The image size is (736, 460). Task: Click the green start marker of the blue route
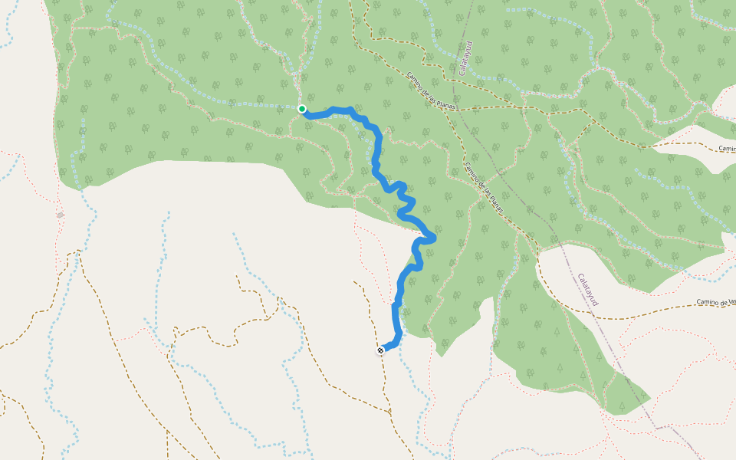point(302,109)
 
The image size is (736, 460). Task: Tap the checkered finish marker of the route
point(380,350)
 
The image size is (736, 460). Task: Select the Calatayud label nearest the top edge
point(464,58)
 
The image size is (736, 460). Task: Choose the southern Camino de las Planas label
point(485,188)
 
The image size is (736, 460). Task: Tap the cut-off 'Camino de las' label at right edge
point(716,303)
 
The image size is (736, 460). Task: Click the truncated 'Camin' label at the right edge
point(727,149)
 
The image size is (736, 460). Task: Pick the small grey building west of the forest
point(60,215)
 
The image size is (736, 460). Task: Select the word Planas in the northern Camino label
point(446,103)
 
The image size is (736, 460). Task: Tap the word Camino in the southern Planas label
point(472,172)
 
